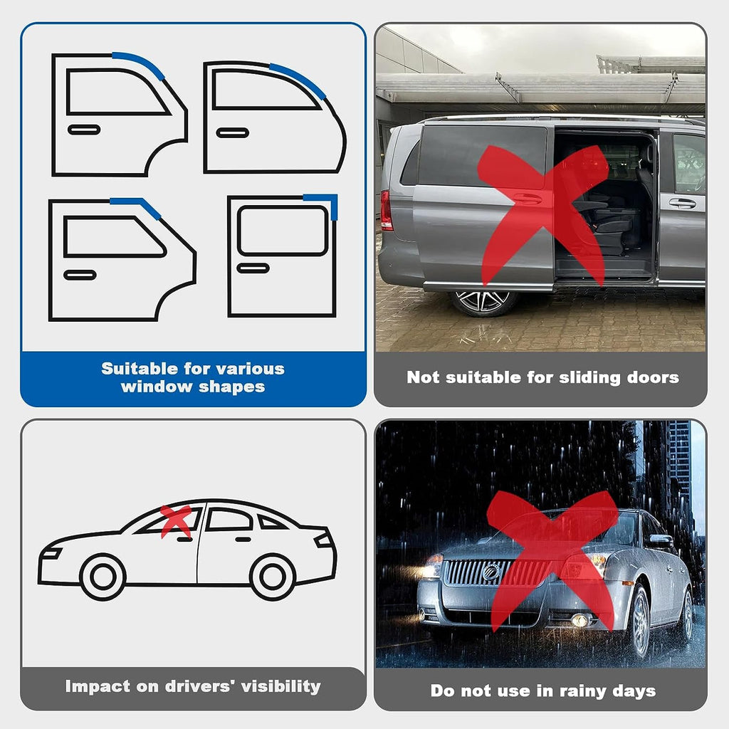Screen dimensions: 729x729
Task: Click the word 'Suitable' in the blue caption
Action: pyautogui.click(x=140, y=369)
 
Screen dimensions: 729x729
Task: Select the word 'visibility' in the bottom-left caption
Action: pyautogui.click(x=280, y=686)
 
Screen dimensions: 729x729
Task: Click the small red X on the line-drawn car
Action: pyautogui.click(x=177, y=520)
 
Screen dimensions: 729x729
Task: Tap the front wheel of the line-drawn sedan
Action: pyautogui.click(x=103, y=577)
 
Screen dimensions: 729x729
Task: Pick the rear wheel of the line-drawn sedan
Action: pyautogui.click(x=273, y=577)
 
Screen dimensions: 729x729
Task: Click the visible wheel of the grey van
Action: pyautogui.click(x=483, y=302)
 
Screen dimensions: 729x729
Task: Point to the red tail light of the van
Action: pyautogui.click(x=386, y=210)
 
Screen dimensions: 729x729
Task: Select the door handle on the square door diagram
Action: pyautogui.click(x=253, y=268)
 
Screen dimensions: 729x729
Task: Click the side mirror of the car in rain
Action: pyautogui.click(x=660, y=540)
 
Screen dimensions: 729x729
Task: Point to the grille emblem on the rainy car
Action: pyautogui.click(x=491, y=572)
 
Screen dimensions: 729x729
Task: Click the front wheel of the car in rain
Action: pyautogui.click(x=640, y=621)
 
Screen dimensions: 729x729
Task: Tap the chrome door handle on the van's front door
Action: pyautogui.click(x=683, y=203)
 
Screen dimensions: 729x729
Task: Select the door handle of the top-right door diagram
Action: pyautogui.click(x=233, y=133)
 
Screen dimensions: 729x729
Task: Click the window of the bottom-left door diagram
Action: pyautogui.click(x=115, y=236)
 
